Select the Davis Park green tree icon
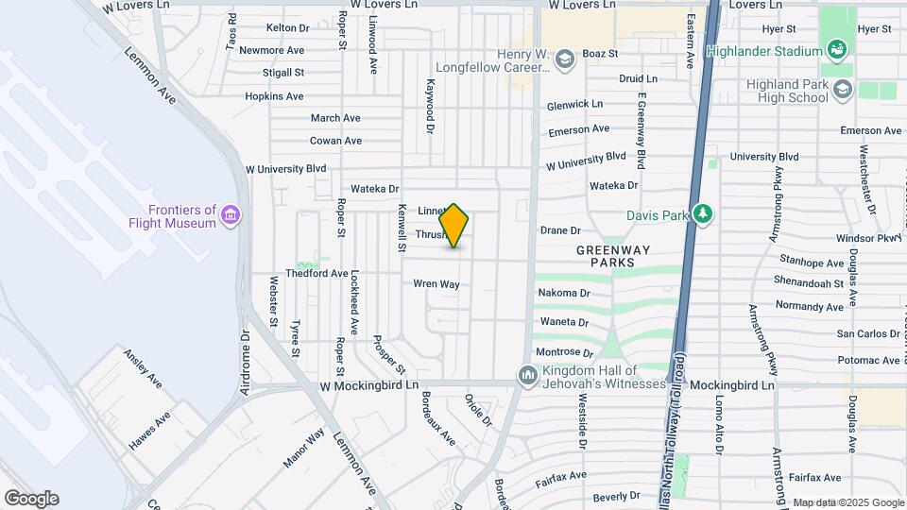[x=702, y=214]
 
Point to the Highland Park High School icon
[x=843, y=90]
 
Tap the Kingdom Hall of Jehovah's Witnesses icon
[x=526, y=376]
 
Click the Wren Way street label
[x=436, y=283]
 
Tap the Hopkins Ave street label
[x=274, y=96]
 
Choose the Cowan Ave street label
[x=335, y=141]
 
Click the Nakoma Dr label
[x=563, y=293]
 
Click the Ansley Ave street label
[x=143, y=367]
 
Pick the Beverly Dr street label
[x=616, y=496]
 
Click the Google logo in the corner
[x=31, y=499]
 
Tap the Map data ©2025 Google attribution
[x=848, y=502]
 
